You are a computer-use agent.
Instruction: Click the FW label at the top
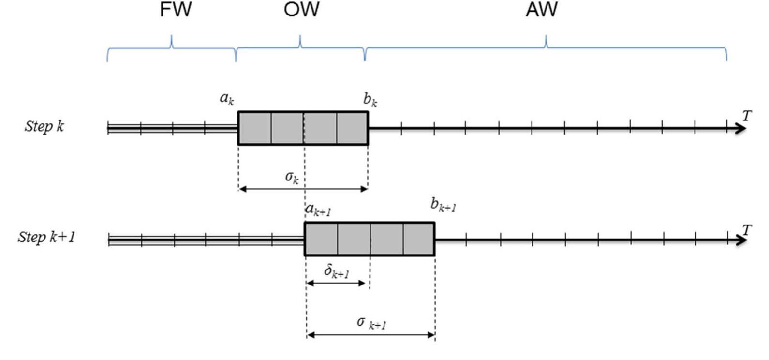tap(176, 10)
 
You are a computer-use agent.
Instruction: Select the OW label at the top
tap(301, 10)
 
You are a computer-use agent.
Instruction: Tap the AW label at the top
tap(542, 10)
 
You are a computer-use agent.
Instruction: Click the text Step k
tap(44, 126)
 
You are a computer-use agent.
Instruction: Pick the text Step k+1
tap(46, 237)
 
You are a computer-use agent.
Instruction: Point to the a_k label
tap(227, 98)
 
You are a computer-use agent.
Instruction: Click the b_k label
tap(370, 100)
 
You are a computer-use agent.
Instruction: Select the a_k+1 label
tap(318, 210)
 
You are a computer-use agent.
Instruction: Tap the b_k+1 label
tap(443, 205)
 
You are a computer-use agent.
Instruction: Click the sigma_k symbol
tap(292, 177)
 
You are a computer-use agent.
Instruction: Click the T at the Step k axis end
tap(747, 116)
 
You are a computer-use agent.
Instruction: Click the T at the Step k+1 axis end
tap(747, 230)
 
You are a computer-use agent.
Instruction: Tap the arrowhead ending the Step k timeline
tap(741, 129)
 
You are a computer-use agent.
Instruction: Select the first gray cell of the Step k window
tap(254, 128)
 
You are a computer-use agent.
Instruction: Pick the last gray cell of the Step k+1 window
tap(419, 239)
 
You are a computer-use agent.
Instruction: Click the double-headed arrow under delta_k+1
tap(336, 283)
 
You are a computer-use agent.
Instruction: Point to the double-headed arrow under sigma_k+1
tap(371, 334)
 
